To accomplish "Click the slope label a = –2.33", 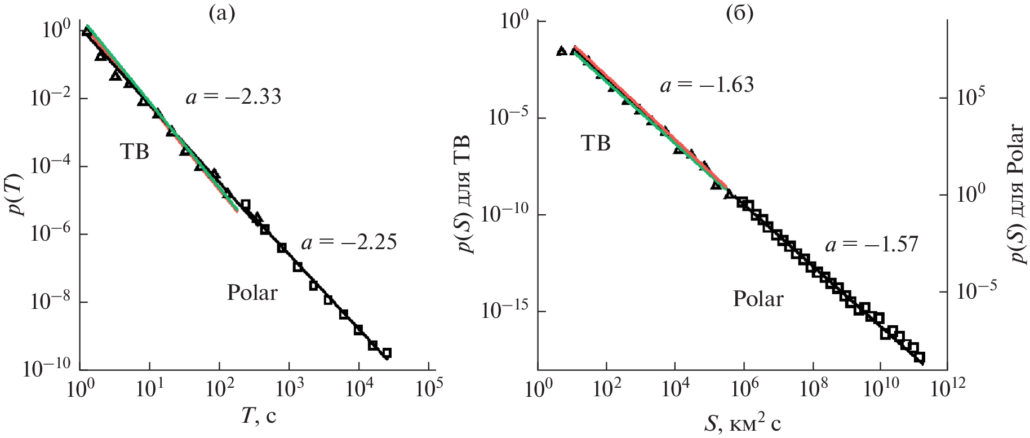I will (233, 98).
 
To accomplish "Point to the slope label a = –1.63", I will (707, 85).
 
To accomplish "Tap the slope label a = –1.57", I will (872, 245).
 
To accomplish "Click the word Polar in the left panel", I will (252, 293).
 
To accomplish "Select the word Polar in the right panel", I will (758, 299).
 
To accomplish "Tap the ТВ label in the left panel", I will (134, 152).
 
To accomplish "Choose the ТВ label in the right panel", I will (596, 144).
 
